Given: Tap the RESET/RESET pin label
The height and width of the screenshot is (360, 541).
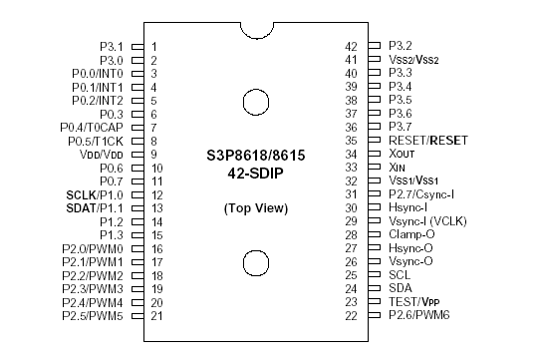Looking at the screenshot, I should pyautogui.click(x=428, y=141).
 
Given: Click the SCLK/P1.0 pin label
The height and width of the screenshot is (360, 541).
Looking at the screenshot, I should pyautogui.click(x=96, y=194).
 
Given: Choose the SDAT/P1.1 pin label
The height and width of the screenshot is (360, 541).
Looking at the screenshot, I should pyautogui.click(x=96, y=207).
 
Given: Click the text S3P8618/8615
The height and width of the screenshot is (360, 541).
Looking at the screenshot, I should pyautogui.click(x=254, y=160).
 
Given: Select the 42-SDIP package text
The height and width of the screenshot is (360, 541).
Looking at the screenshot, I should pyautogui.click(x=254, y=177).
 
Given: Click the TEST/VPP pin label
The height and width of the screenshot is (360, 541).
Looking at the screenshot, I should pyautogui.click(x=413, y=301).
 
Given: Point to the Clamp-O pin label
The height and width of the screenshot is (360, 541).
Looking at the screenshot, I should pyautogui.click(x=411, y=234).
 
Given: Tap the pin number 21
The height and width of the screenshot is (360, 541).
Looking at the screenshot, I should pyautogui.click(x=157, y=315).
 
